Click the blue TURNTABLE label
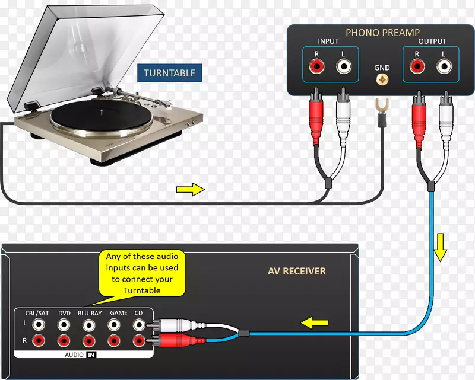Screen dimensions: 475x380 [169, 73]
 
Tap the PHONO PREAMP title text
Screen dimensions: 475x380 [382, 33]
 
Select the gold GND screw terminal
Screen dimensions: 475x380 [382, 80]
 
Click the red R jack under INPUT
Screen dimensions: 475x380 [316, 66]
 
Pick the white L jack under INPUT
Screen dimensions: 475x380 [344, 66]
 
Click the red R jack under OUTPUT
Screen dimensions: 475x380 [417, 66]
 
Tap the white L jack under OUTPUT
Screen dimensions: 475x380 [444, 66]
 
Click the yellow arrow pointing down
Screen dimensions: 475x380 [440, 247]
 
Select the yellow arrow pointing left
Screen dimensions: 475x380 [314, 322]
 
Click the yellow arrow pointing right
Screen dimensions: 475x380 [191, 189]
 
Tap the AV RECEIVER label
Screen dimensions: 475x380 [296, 271]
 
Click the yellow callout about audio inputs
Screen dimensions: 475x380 [142, 273]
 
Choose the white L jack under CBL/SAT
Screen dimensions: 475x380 [39, 325]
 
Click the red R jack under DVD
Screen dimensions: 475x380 [64, 341]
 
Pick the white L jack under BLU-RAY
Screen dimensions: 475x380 [88, 325]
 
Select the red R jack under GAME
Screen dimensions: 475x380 [114, 341]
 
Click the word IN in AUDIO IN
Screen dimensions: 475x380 [91, 355]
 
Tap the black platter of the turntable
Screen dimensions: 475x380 [102, 116]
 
